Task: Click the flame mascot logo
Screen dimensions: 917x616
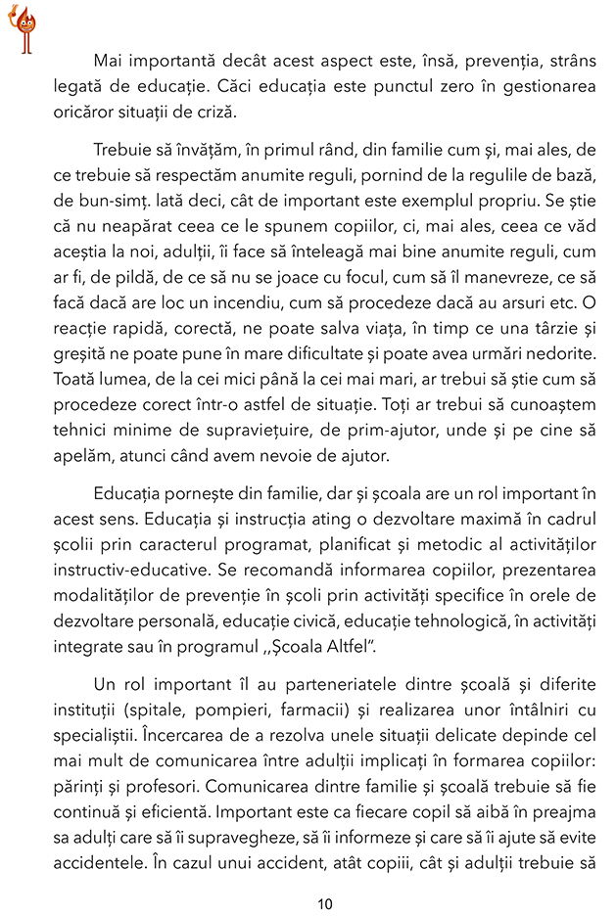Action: (x=23, y=26)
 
